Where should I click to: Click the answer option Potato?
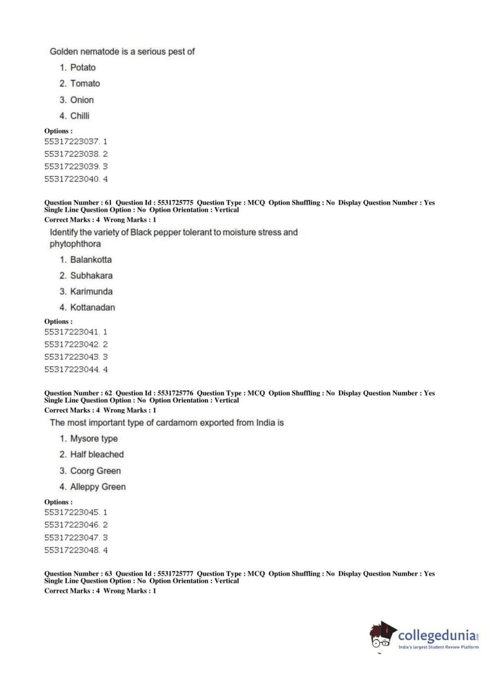[x=82, y=67]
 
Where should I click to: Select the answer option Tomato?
[x=85, y=83]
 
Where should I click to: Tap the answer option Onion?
[x=81, y=100]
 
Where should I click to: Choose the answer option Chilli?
[x=79, y=116]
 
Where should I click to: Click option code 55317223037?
[x=72, y=141]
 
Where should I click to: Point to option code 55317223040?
[x=72, y=179]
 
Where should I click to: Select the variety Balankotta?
[x=91, y=260]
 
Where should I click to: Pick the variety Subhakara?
[x=91, y=275]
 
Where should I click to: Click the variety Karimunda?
[x=91, y=291]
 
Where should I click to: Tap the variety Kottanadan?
[x=92, y=307]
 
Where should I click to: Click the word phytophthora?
[x=75, y=244]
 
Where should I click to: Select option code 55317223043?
[x=72, y=357]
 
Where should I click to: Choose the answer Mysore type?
[x=94, y=439]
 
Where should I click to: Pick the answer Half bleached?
[x=97, y=454]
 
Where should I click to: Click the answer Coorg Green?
[x=95, y=471]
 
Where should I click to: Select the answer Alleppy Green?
[x=98, y=487]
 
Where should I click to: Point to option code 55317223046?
[x=72, y=525]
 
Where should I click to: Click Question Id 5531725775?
[x=175, y=202]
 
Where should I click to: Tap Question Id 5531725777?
[x=175, y=573]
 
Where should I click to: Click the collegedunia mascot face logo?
[x=382, y=635]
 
